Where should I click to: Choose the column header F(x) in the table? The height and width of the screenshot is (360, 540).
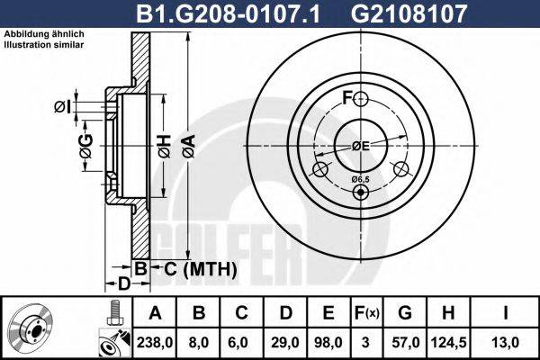click(368, 313)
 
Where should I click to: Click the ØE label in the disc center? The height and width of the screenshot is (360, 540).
click(360, 146)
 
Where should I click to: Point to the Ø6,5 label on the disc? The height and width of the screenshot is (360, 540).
click(360, 180)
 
